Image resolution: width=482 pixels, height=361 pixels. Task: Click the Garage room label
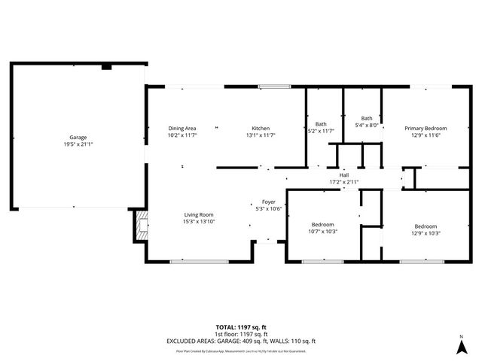(x=78, y=138)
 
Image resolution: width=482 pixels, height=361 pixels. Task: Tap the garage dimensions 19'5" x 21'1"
(x=78, y=144)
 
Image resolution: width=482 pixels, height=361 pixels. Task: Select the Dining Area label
(x=182, y=128)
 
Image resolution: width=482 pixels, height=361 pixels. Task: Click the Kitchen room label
(x=261, y=128)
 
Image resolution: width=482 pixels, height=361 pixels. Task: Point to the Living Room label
(x=198, y=214)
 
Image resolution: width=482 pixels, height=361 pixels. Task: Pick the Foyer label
(x=268, y=202)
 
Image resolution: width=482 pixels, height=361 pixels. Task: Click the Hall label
(x=343, y=175)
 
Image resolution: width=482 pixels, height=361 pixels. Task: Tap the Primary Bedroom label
(x=426, y=128)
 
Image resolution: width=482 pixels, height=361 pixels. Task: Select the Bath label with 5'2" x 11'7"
(x=321, y=124)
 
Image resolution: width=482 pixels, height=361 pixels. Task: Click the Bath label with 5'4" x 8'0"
(x=367, y=118)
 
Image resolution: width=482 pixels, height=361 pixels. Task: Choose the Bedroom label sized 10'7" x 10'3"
(x=324, y=226)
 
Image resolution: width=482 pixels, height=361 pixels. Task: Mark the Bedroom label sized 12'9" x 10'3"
(x=426, y=226)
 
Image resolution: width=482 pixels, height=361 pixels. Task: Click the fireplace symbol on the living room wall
(x=141, y=226)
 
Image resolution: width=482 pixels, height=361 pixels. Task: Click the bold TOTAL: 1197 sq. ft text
(x=241, y=327)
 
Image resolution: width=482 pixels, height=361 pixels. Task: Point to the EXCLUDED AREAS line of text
(x=241, y=341)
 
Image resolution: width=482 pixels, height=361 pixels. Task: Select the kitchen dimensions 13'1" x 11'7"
(x=261, y=135)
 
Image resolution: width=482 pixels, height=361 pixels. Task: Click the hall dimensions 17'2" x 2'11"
(x=343, y=182)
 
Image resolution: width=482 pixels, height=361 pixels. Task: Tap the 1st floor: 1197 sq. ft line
(x=241, y=334)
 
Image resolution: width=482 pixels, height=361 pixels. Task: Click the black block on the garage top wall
(x=106, y=67)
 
